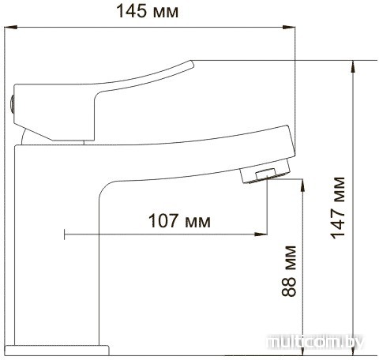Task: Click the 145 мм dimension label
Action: [x=147, y=11]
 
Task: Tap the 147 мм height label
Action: [x=337, y=208]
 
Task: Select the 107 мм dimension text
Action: [x=179, y=220]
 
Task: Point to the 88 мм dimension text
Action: [x=289, y=271]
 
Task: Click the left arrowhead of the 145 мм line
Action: [x=10, y=27]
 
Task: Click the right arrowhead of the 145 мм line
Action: [x=289, y=27]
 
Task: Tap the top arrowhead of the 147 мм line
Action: [x=354, y=66]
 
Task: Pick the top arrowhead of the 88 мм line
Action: [x=302, y=186]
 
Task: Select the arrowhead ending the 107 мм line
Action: [x=261, y=234]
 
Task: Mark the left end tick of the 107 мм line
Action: [x=65, y=234]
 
